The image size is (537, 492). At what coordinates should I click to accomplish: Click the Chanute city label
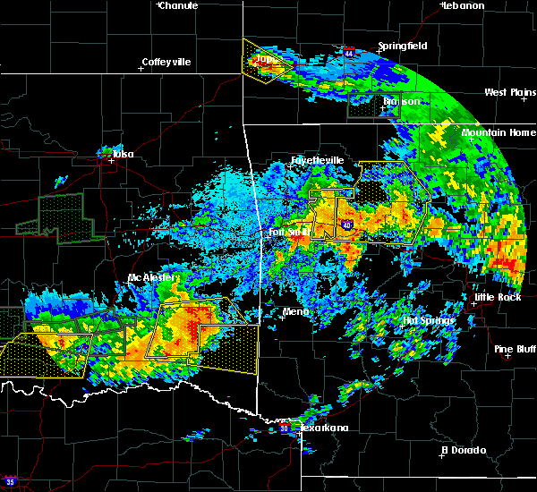[179, 5]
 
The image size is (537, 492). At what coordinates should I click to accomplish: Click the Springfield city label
[402, 46]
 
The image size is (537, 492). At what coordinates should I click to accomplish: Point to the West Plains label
[509, 92]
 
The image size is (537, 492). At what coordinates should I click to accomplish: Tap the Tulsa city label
[122, 154]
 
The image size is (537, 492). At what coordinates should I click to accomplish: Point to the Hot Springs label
[429, 319]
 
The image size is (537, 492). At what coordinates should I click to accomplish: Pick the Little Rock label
[496, 297]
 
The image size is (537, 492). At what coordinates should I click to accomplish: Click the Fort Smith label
[289, 233]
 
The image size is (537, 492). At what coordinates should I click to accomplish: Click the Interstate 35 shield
[11, 480]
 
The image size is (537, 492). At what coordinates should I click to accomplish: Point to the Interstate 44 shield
[348, 54]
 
